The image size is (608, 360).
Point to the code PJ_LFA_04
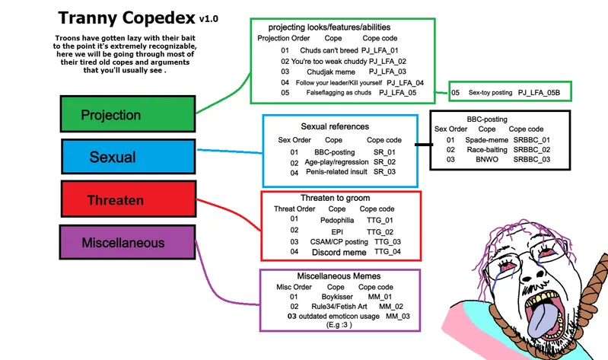405,82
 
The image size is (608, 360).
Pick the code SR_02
384,162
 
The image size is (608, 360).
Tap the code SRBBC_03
531,160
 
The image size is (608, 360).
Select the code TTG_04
387,252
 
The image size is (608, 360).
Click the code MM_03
397,315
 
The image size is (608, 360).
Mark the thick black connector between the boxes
422,144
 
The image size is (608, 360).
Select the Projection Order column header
283,38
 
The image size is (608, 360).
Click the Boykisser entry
336,297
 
